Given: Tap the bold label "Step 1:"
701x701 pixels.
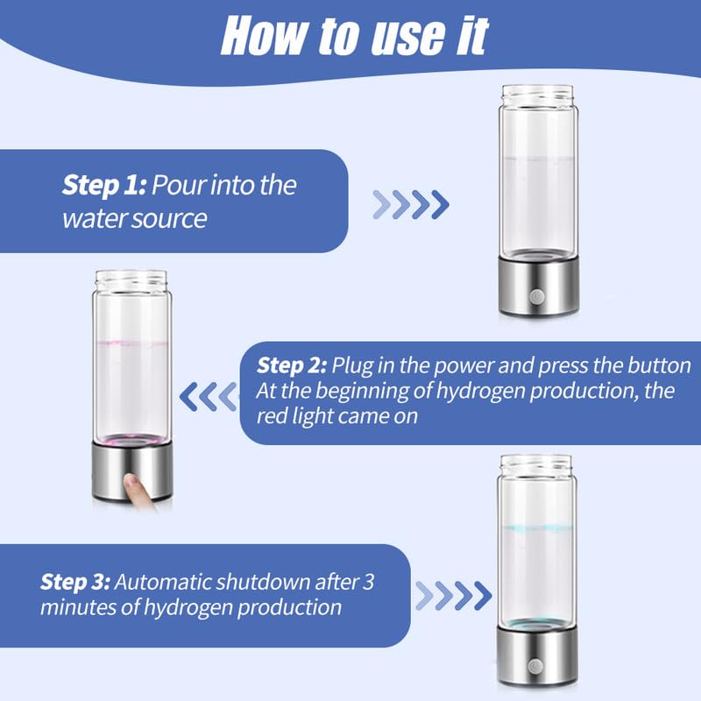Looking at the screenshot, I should [104, 186].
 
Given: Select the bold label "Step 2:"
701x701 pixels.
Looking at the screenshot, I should [293, 365].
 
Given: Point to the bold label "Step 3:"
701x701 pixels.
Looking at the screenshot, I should [75, 582].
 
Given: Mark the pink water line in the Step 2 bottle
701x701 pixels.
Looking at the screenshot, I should [131, 343].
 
